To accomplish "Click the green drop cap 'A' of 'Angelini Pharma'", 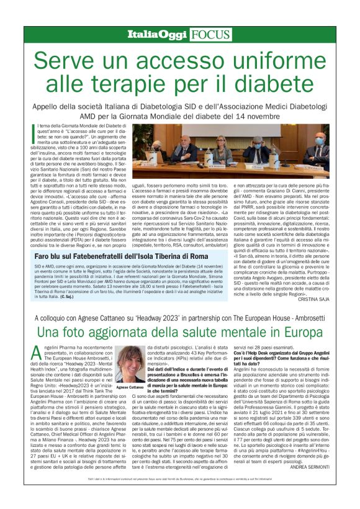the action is point(37,354).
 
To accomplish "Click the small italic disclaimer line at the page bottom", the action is point(180,495).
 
